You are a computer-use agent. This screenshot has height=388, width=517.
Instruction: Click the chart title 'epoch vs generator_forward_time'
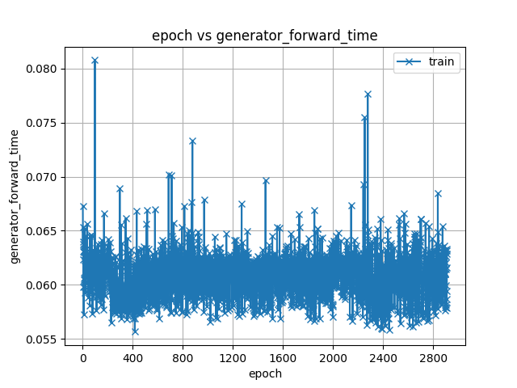coord(264,36)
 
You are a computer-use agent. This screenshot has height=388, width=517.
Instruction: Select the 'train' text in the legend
coord(441,61)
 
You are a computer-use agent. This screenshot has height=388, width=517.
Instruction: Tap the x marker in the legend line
coord(409,61)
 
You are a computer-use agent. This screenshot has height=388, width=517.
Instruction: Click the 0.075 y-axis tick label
coord(41,123)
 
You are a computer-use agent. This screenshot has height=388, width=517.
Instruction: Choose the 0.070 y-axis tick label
coord(41,177)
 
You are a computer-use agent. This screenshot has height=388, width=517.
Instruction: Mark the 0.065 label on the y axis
coord(41,231)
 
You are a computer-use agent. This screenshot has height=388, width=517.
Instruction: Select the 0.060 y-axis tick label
coord(41,285)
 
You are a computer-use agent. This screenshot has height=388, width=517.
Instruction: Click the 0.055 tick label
coord(41,339)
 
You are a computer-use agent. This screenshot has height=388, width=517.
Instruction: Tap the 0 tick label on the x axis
coord(82,357)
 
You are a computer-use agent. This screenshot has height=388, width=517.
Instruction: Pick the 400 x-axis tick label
coord(132,357)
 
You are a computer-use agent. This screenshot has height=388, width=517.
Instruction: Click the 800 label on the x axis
coord(183,357)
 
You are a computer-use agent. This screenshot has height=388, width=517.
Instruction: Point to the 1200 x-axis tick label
coord(233,357)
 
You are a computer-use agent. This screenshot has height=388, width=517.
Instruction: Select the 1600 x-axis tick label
coord(283,357)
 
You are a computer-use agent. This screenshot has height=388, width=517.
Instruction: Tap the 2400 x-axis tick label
coord(383,357)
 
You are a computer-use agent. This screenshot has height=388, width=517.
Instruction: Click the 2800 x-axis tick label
coord(433,357)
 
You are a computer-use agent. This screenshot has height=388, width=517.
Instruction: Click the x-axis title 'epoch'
coord(265,373)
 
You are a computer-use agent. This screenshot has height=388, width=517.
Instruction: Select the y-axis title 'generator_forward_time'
coord(15,196)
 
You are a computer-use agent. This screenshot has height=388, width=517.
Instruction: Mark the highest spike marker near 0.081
coord(95,61)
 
